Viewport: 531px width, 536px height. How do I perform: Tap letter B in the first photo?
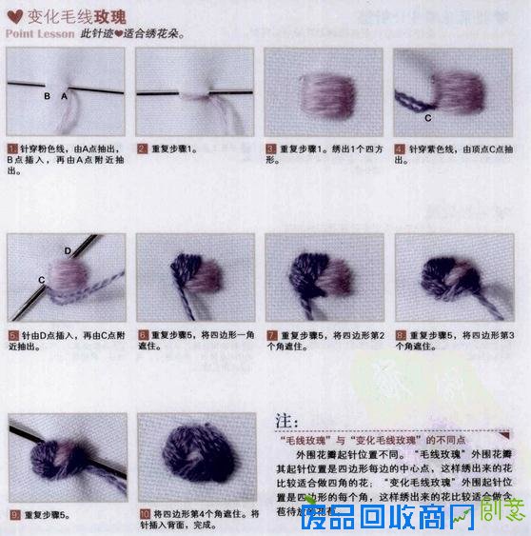tap(46, 97)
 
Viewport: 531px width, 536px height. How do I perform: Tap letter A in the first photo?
tap(65, 97)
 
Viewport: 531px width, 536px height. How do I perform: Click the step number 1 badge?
tap(11, 149)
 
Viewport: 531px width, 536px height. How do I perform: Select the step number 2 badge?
tap(141, 149)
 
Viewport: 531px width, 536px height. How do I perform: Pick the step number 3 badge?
tap(270, 149)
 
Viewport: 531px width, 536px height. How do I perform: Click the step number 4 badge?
tap(400, 149)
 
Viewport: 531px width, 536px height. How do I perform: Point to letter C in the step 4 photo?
tap(427, 118)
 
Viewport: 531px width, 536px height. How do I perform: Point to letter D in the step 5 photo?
tap(68, 249)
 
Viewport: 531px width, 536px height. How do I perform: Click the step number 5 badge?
tap(11, 336)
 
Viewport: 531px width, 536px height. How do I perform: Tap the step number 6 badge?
tap(141, 336)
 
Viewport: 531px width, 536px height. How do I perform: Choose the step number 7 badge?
tap(270, 336)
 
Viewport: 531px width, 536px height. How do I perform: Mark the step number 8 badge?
tap(400, 336)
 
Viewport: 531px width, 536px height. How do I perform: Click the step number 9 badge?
tap(11, 515)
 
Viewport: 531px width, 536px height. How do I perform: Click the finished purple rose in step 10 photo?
tap(196, 456)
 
